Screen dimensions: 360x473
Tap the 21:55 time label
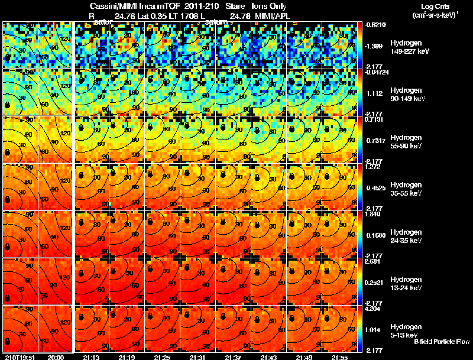(339, 357)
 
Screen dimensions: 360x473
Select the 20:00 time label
(55, 357)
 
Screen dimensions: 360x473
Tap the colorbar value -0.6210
(375, 25)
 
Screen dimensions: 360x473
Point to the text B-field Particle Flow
(441, 342)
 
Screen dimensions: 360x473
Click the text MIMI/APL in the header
(273, 15)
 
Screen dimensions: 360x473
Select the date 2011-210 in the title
(196, 6)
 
